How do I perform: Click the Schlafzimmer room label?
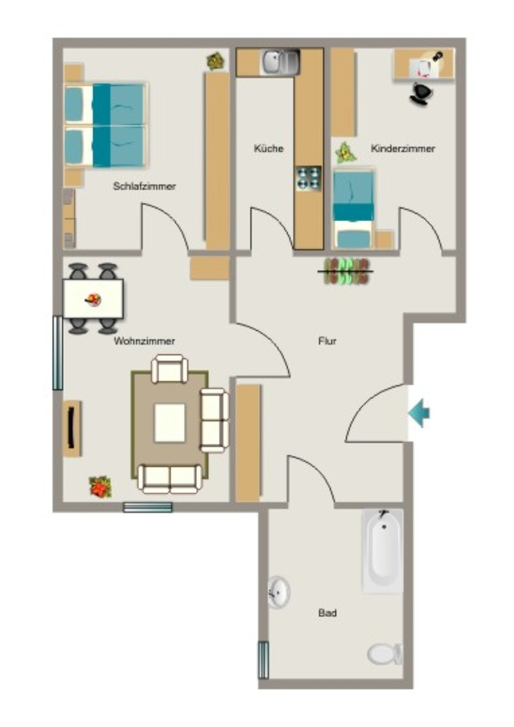pos(144,186)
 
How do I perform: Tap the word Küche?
pos(268,148)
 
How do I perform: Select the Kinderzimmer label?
pos(403,148)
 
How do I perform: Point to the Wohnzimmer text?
pos(144,341)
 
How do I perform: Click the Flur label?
pos(327,341)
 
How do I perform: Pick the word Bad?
pos(327,613)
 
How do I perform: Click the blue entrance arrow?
pos(419,412)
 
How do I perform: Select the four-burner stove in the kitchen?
pos(309,178)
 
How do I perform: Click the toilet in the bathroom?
pos(385,654)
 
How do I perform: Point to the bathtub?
pos(383,551)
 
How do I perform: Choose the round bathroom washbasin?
pos(278,592)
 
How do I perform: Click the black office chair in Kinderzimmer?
pos(421,93)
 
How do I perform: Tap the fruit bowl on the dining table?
pos(94,300)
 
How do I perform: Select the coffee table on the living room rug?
pos(170,422)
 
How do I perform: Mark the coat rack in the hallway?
pos(348,271)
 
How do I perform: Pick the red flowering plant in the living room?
pos(100,487)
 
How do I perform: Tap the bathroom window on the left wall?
pos(263,660)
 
